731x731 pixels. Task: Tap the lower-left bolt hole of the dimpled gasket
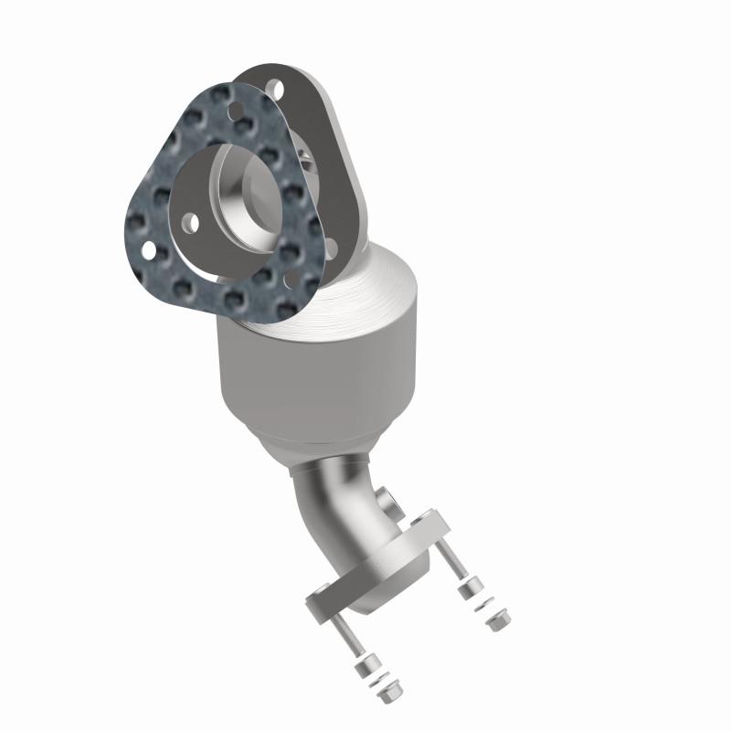click(145, 248)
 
